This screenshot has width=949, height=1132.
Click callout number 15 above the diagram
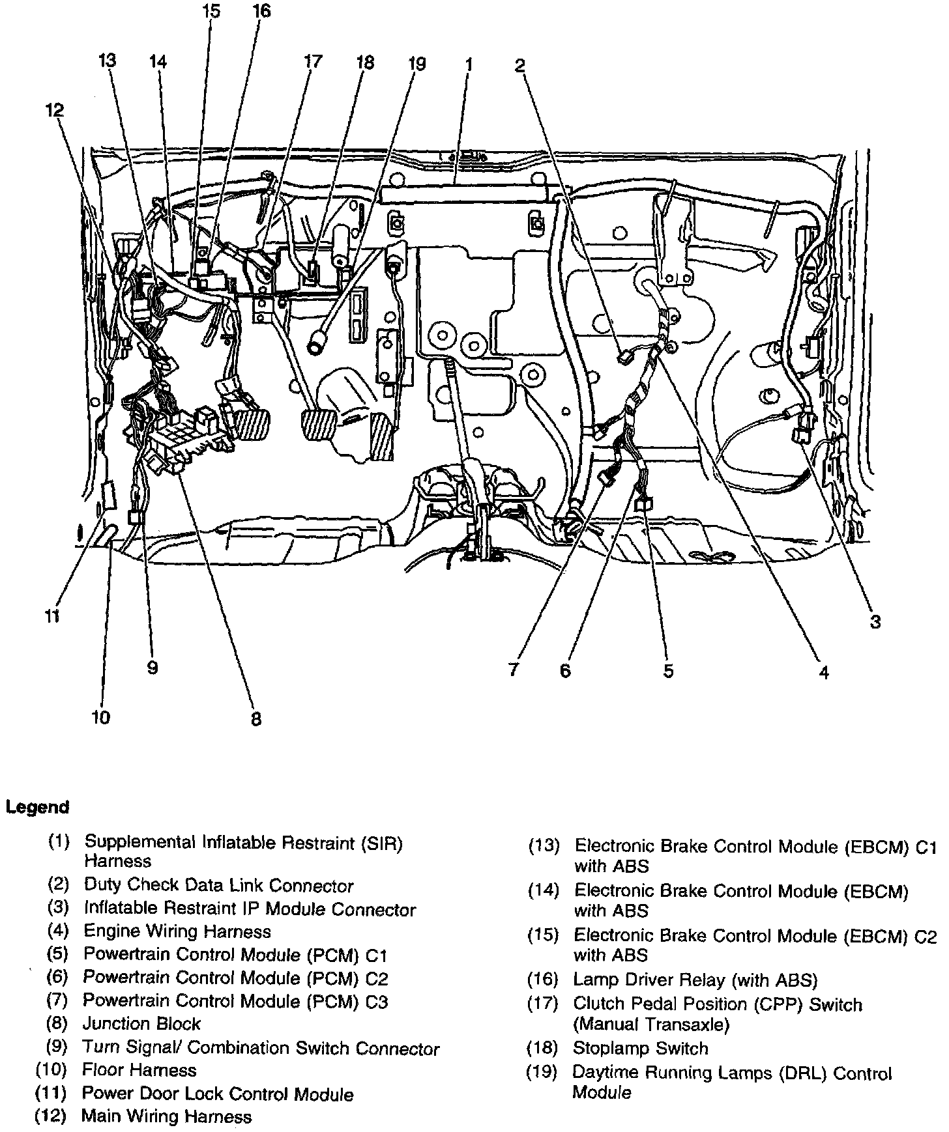tap(211, 12)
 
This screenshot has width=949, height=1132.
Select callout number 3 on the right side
tap(875, 621)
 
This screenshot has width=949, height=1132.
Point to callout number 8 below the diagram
tap(256, 718)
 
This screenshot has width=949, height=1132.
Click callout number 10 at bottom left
tap(100, 717)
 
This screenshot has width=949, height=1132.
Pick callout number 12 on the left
tap(55, 110)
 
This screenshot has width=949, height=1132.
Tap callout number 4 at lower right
tap(824, 672)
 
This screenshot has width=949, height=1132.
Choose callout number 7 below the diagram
tap(514, 669)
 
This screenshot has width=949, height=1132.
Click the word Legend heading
tap(37, 807)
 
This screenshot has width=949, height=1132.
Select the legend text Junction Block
tap(141, 1024)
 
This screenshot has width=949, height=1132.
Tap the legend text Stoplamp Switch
tap(640, 1048)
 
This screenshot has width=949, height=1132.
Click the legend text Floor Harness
tap(139, 1069)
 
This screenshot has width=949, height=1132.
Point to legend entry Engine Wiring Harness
tap(177, 931)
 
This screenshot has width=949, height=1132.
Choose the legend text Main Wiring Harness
tap(166, 1116)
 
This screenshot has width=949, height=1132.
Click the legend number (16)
tap(543, 980)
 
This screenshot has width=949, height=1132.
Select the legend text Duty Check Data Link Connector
tap(218, 886)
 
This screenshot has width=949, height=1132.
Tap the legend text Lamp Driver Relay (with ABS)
tap(695, 980)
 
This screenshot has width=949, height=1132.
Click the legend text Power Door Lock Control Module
tap(218, 1094)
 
